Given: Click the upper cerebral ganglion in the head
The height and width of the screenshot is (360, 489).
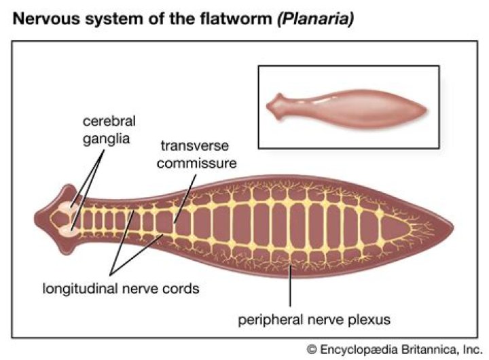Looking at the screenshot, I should [x=66, y=211].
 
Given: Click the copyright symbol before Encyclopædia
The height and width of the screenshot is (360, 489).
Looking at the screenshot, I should [x=311, y=349].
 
